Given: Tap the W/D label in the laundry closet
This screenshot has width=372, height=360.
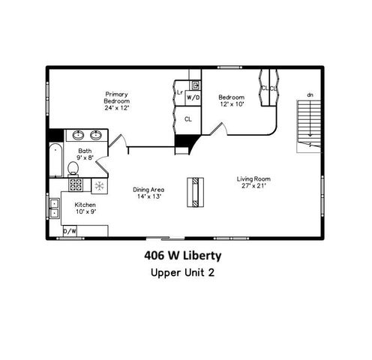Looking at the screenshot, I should tap(193, 97).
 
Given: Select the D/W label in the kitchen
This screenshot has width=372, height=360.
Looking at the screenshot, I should tap(70, 231).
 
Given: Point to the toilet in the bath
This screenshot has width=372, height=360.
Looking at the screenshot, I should tap(73, 168).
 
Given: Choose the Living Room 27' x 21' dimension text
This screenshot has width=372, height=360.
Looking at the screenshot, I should tap(253, 185).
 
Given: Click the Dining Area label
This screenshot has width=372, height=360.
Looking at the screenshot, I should tap(148, 190).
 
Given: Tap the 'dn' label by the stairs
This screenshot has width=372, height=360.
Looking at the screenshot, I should tap(309, 95).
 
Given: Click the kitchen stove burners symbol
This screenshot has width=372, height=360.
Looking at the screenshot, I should tap(76, 184).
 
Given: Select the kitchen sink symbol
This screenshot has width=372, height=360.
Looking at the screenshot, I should tap(54, 208).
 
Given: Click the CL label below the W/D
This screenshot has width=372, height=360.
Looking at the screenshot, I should tap(188, 118).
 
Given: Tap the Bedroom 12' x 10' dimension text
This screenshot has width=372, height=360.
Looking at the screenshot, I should tap(231, 103).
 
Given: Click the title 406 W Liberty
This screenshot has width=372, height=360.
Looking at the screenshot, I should tap(182, 255).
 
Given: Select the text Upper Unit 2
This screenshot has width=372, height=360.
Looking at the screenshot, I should tap(182, 272).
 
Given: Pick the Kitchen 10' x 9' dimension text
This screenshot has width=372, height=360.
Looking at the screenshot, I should tap(84, 211).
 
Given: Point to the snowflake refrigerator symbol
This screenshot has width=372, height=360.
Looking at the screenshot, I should tap(98, 185).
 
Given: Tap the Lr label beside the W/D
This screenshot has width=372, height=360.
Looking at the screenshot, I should tap(180, 93).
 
